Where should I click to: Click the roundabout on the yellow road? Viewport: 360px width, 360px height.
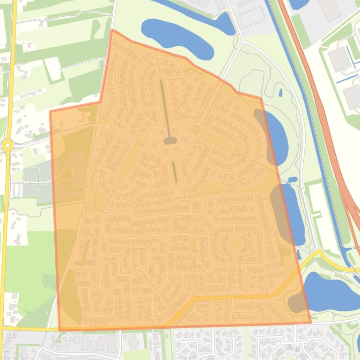point(7,145)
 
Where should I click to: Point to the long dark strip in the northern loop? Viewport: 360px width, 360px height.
point(164,108)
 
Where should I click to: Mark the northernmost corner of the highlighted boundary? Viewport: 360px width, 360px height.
point(112,31)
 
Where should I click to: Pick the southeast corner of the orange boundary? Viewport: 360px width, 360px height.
point(310,322)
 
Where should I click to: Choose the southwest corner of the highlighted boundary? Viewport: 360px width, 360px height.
point(60,330)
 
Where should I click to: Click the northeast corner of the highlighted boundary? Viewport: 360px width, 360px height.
point(261,98)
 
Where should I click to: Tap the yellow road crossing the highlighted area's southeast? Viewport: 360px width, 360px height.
point(234,297)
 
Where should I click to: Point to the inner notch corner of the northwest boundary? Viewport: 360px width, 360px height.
point(100,101)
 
